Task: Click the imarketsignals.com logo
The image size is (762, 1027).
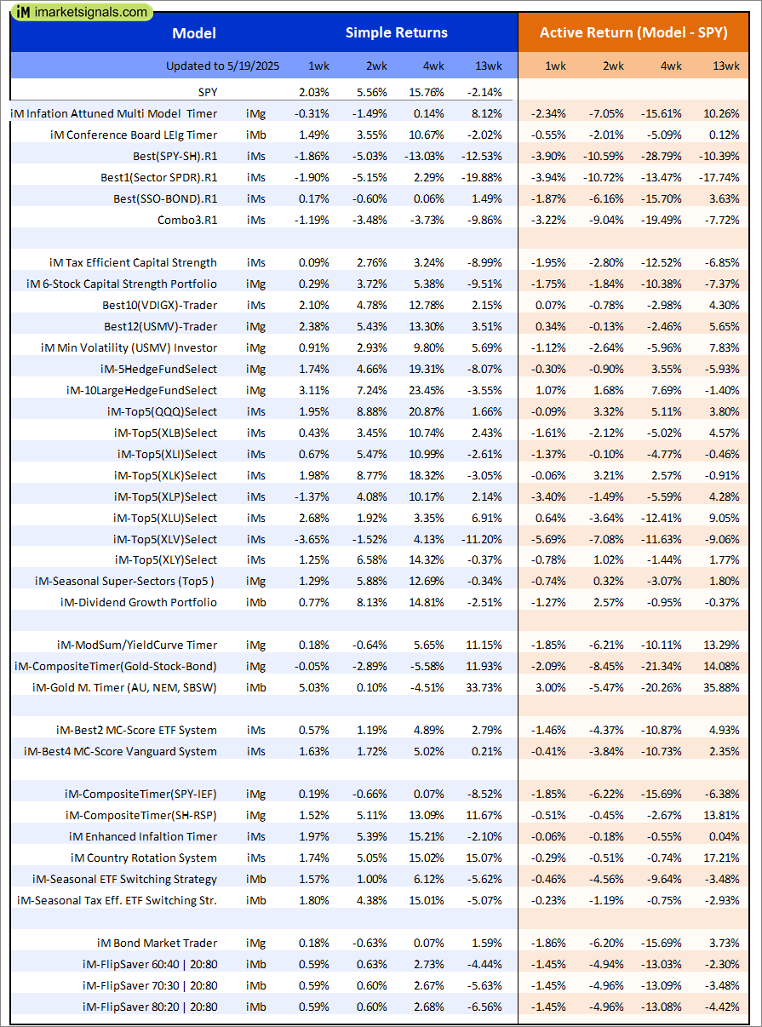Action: tap(82, 12)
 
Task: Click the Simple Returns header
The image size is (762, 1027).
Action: tap(396, 33)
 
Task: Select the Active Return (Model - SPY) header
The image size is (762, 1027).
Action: tap(633, 33)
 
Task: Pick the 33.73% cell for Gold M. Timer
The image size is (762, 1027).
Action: tap(484, 687)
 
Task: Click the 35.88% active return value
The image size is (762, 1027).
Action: tap(722, 687)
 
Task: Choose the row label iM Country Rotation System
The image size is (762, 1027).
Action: tap(144, 858)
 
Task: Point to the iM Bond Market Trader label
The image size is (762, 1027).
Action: tap(157, 943)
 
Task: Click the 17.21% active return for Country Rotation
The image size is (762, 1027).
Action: tap(722, 858)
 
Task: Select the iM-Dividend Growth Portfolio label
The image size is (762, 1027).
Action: tap(139, 602)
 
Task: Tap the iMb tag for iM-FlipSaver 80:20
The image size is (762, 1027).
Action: tap(255, 1007)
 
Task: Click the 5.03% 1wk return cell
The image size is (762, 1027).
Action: tap(313, 687)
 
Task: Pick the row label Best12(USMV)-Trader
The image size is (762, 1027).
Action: tap(160, 326)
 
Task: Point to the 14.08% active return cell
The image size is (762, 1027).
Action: tap(722, 666)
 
